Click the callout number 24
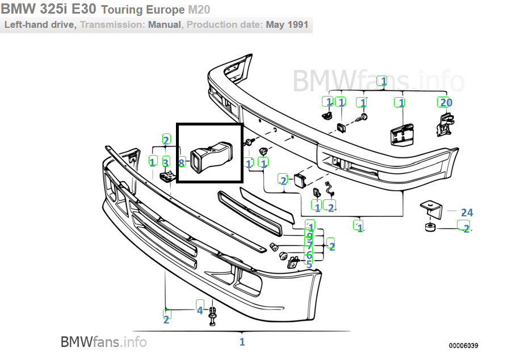pyautogui.click(x=467, y=212)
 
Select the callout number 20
pyautogui.click(x=445, y=102)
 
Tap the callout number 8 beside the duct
pyautogui.click(x=182, y=163)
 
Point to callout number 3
pyautogui.click(x=166, y=162)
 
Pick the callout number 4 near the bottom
pyautogui.click(x=200, y=310)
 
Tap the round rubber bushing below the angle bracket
pyautogui.click(x=430, y=228)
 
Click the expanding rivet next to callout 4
pyautogui.click(x=213, y=316)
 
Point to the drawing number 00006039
pyautogui.click(x=464, y=345)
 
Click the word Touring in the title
pyautogui.click(x=123, y=10)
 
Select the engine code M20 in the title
pyautogui.click(x=199, y=10)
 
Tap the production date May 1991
pyautogui.click(x=287, y=25)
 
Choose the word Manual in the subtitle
pyautogui.click(x=165, y=25)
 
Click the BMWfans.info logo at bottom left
pyautogui.click(x=103, y=342)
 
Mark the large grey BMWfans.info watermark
pyautogui.click(x=378, y=81)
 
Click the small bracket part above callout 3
pyautogui.click(x=166, y=176)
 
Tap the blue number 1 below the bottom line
pyautogui.click(x=242, y=342)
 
